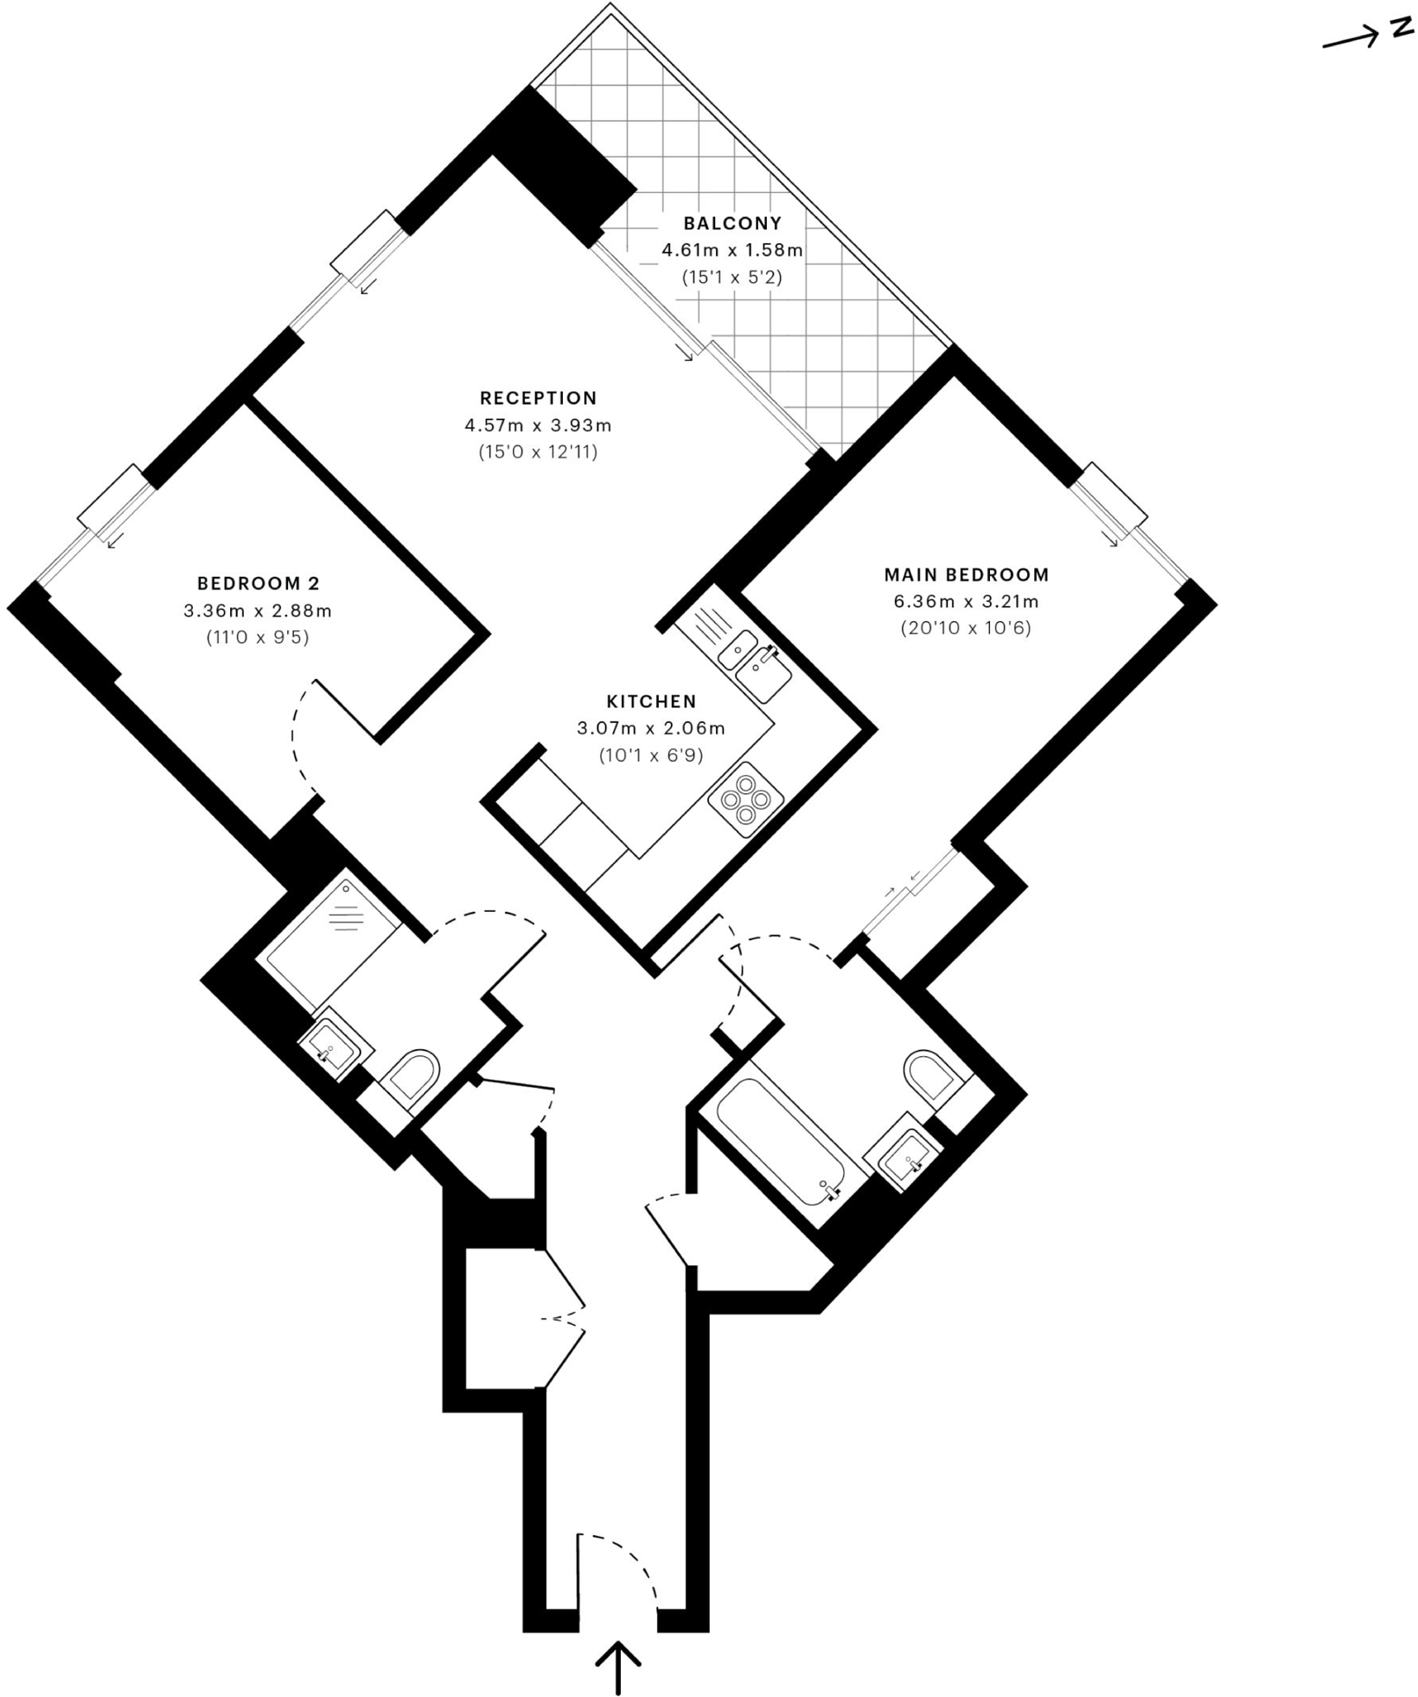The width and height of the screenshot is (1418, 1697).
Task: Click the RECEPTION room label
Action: click(x=538, y=398)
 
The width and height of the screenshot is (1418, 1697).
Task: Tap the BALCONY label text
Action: click(x=732, y=223)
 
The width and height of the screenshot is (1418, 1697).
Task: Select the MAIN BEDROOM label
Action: click(x=966, y=574)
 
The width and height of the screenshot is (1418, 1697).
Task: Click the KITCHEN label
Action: click(x=651, y=701)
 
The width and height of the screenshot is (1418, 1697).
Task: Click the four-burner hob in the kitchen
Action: click(x=745, y=799)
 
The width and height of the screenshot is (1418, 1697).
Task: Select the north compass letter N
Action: click(x=1400, y=28)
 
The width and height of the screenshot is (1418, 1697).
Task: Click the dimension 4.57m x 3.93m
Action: click(x=538, y=426)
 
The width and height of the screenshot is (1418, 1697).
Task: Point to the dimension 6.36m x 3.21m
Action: click(x=966, y=601)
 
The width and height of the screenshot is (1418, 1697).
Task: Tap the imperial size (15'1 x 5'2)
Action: click(x=732, y=278)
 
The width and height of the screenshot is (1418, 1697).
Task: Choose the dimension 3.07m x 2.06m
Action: click(x=651, y=728)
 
